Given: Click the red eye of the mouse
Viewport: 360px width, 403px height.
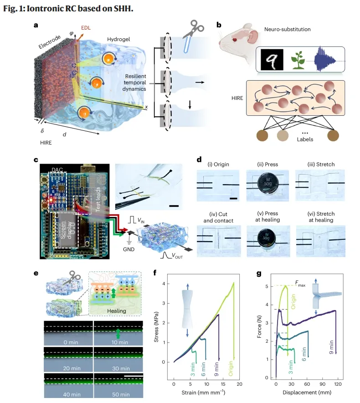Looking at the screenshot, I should click(x=236, y=39).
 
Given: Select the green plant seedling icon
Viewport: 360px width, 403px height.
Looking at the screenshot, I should click(x=298, y=61).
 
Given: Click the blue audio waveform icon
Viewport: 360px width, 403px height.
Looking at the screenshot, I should click(x=326, y=60).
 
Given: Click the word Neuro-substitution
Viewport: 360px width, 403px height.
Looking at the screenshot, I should click(x=288, y=29).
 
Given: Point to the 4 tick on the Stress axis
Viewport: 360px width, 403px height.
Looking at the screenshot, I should click(x=169, y=284).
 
